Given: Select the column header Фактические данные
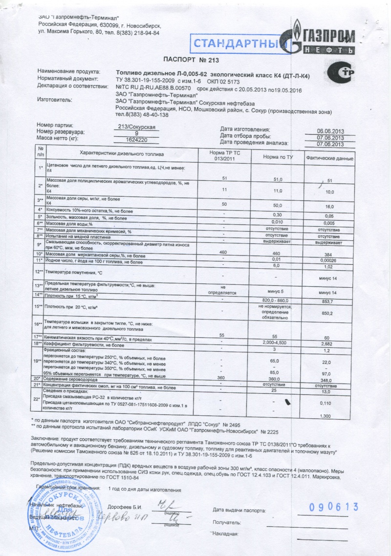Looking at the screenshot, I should tap(330, 158).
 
